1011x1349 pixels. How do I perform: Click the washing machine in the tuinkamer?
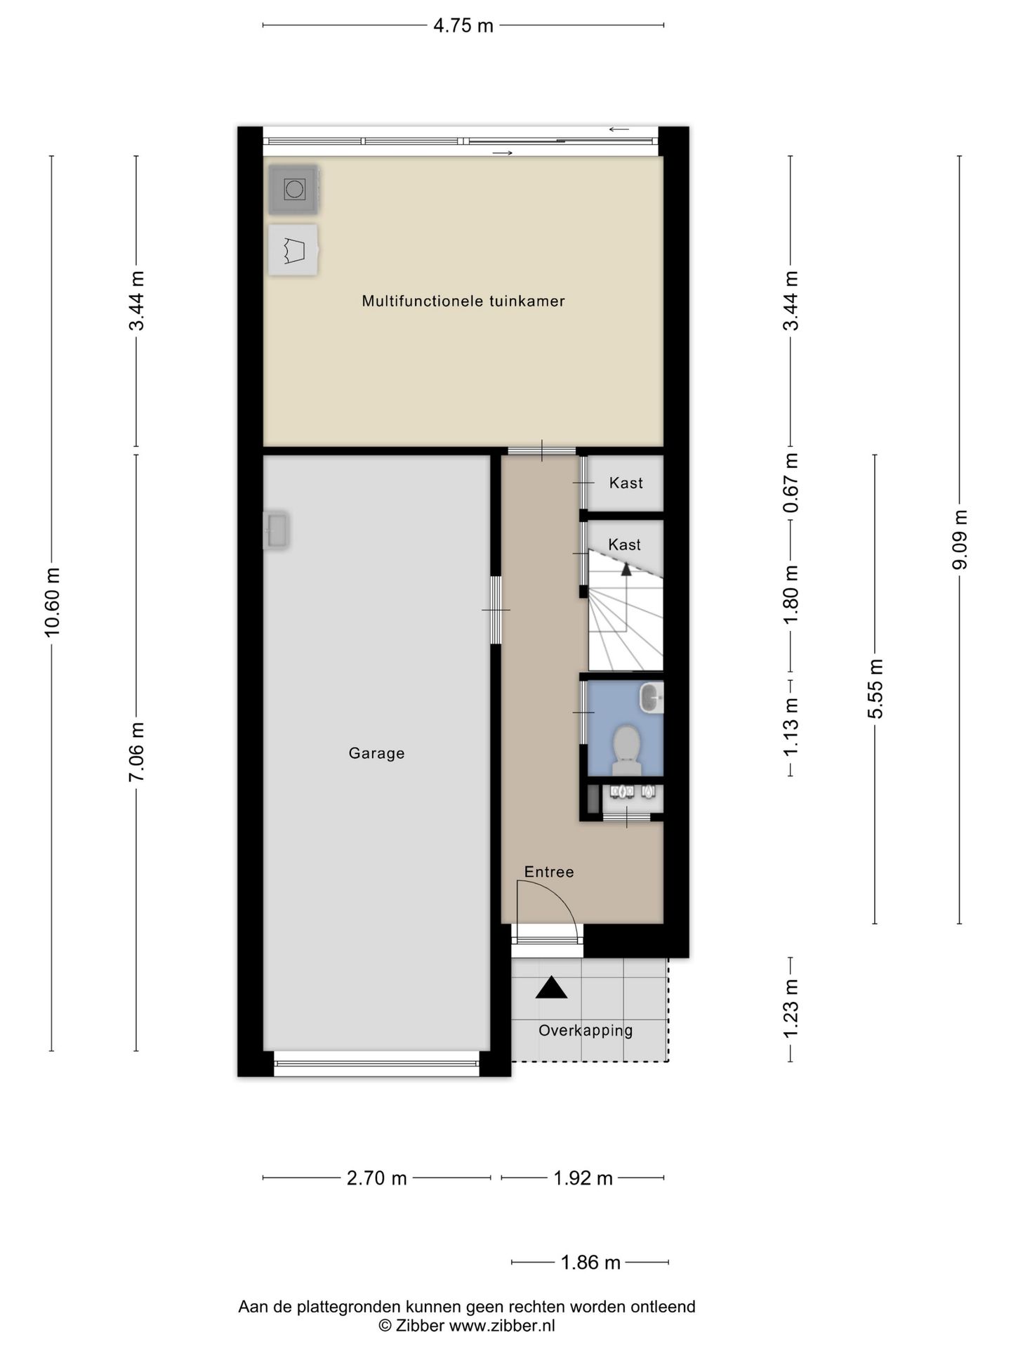pos(293,189)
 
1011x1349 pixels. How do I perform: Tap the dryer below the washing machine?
pos(293,249)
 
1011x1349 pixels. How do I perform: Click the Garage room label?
pos(376,753)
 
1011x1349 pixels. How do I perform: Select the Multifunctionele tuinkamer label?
pos(463,301)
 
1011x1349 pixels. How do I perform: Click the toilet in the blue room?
pos(626,743)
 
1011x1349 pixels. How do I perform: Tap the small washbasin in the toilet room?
pos(652,697)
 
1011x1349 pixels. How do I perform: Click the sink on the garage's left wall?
pos(276,530)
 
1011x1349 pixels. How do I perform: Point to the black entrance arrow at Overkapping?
pos(551,987)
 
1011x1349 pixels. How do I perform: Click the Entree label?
pos(549,872)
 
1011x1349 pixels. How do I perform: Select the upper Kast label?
pos(626,483)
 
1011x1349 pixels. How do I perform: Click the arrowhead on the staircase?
pos(626,569)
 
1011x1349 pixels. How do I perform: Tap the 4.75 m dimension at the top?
pos(463,26)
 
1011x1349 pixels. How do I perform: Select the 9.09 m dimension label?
pos(960,540)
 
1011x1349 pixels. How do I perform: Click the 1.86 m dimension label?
pos(590,1263)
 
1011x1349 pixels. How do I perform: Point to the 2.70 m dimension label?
pos(376,1178)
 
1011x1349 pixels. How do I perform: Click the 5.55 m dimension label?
pos(875,689)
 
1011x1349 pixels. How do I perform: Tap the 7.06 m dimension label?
pos(136,752)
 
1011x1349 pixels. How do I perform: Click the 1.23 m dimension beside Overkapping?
pos(791,1009)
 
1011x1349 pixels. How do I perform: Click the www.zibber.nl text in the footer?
pos(502,1326)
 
